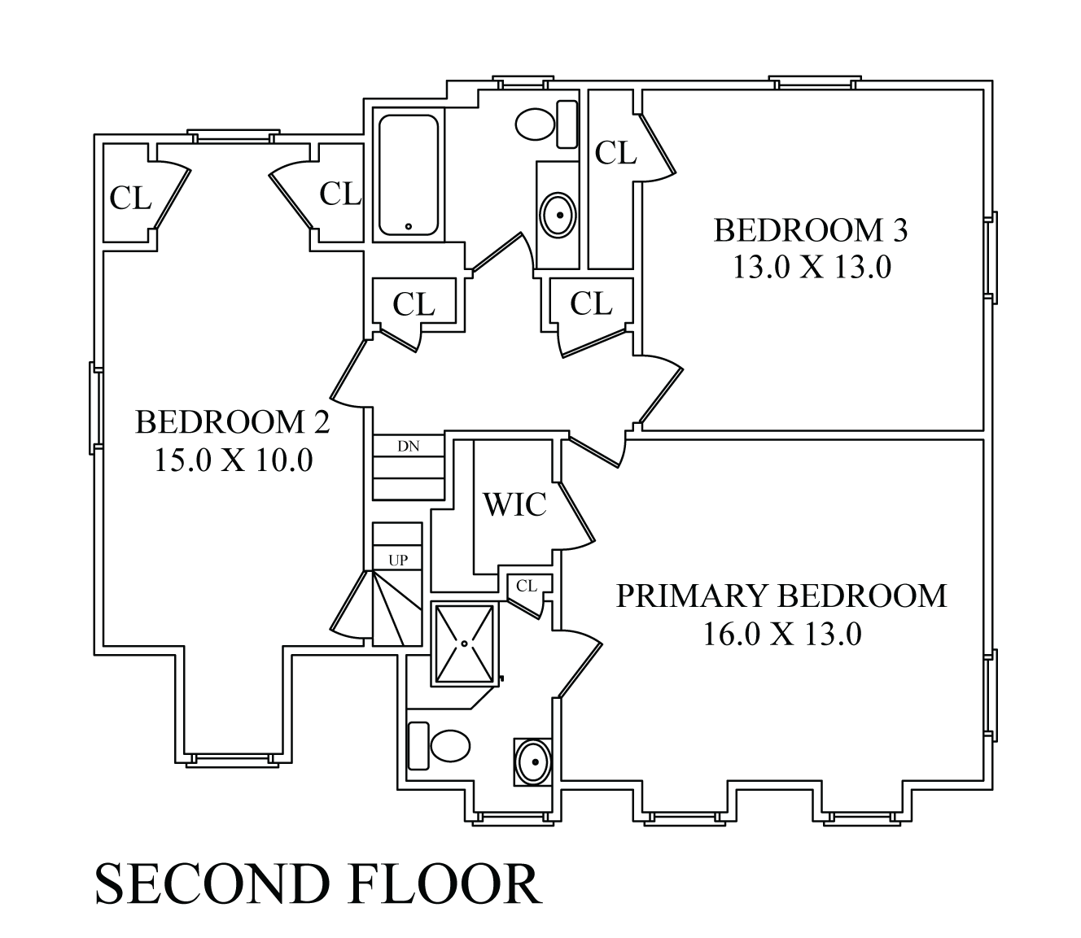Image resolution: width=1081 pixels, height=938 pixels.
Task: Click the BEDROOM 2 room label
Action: coord(232,423)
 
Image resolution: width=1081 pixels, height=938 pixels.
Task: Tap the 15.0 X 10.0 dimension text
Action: coord(234,461)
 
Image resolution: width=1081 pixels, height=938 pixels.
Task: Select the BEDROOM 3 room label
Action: coord(811,231)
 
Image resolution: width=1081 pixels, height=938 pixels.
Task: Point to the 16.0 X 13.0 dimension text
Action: coord(781,634)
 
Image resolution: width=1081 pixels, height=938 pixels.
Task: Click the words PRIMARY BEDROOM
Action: coord(781,596)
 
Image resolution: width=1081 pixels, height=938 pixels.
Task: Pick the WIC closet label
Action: coord(514,505)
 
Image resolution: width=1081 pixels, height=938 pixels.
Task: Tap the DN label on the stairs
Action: coord(408,446)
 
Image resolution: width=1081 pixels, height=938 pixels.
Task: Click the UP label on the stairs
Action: coord(398,561)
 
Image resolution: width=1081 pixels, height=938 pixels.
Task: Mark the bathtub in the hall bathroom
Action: coord(408,175)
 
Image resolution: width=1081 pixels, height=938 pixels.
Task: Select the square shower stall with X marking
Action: coord(464,643)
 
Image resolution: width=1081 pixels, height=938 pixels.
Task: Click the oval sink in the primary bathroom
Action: coord(533,762)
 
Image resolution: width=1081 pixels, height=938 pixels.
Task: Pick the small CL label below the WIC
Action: coord(527,585)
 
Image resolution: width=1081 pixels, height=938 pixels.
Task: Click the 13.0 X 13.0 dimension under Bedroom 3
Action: coord(812,268)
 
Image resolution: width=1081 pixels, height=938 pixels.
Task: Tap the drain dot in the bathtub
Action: coord(408,225)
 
